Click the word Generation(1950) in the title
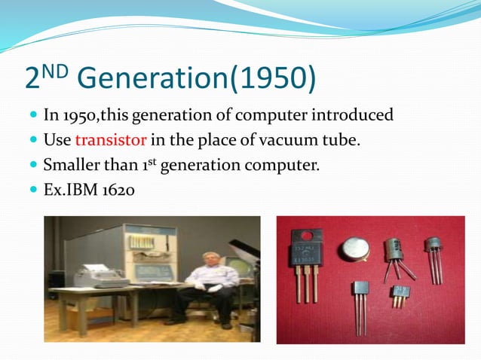coord(198,78)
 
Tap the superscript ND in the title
coord(57,70)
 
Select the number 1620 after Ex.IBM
coord(115,189)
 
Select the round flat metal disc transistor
coord(354,250)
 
